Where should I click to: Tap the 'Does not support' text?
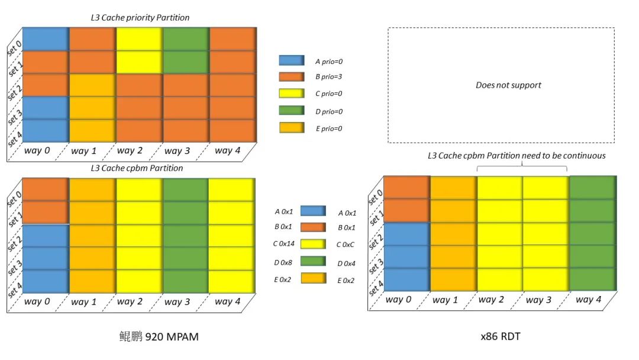tap(508, 85)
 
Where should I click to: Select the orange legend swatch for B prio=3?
tap(291, 77)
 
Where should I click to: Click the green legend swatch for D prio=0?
tap(291, 111)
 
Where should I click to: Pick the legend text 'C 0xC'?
tap(347, 245)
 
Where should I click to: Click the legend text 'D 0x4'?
tap(347, 263)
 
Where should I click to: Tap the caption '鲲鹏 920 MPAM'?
tap(159, 337)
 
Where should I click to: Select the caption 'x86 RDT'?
tap(501, 337)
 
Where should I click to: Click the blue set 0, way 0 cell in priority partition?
tap(46, 39)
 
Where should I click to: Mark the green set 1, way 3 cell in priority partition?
tap(185, 62)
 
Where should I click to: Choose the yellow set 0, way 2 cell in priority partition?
tap(138, 39)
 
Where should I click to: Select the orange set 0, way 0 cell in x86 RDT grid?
tap(406, 187)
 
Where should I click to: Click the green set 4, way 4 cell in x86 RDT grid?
tap(592, 279)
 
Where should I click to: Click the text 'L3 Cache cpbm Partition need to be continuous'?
tap(517, 156)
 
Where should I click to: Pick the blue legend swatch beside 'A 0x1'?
tap(312, 211)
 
